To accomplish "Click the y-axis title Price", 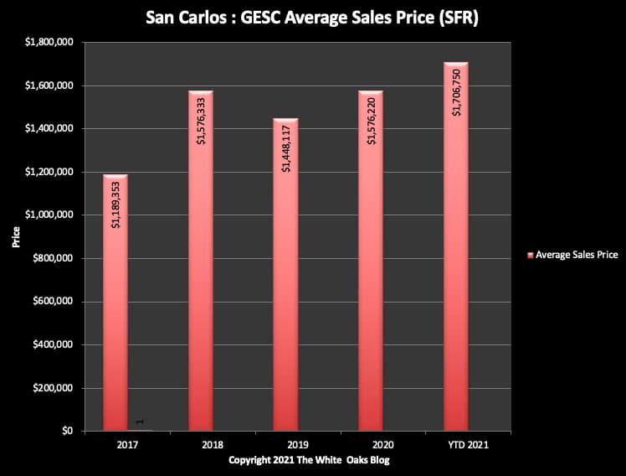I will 16,237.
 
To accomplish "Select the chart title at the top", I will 312,16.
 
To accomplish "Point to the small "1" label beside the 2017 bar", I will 139,422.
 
